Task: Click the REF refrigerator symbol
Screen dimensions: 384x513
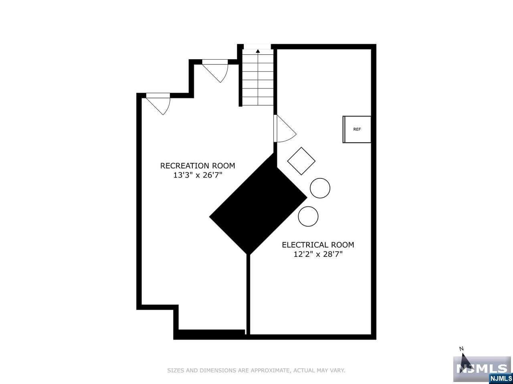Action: pos(357,129)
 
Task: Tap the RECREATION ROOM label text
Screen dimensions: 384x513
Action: pos(198,166)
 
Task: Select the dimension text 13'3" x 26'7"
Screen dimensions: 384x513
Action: pos(198,175)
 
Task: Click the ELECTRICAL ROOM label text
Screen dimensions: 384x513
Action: pos(318,245)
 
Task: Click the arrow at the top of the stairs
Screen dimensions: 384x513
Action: pos(258,51)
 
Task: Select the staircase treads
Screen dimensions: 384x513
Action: pos(258,80)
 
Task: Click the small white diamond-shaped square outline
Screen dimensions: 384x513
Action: pos(301,161)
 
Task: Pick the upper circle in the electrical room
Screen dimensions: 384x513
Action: pos(320,188)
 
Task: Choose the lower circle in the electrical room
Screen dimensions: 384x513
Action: pos(308,216)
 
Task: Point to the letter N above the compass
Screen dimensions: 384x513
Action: pos(461,349)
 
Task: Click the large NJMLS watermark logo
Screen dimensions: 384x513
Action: pos(482,369)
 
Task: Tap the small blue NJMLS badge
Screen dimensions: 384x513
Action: pos(501,378)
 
